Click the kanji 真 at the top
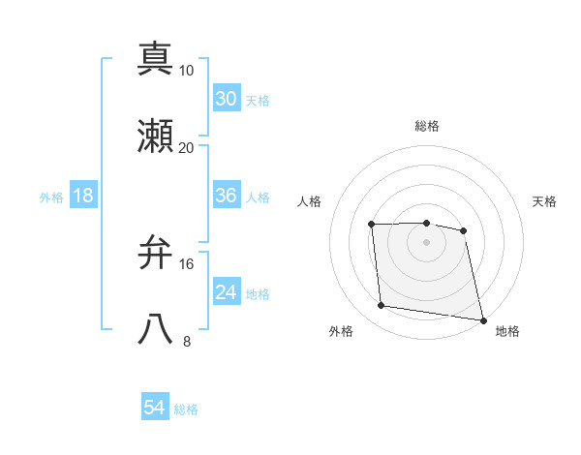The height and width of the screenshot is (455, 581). click(156, 58)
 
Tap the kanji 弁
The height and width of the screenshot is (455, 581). click(156, 253)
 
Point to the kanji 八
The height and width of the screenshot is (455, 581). click(156, 330)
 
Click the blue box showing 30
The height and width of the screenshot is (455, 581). click(227, 98)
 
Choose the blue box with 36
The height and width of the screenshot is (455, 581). click(227, 196)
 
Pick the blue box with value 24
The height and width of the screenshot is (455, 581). click(227, 292)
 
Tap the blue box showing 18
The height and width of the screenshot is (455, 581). click(83, 196)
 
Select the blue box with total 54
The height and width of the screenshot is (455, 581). click(155, 408)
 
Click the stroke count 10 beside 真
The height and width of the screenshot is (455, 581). click(187, 71)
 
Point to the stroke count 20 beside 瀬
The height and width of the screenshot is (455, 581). click(187, 148)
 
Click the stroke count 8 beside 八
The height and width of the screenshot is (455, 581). click(187, 342)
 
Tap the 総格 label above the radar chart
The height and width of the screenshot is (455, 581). click(427, 126)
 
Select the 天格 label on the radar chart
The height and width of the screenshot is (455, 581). click(545, 201)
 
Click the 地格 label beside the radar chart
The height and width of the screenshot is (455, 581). click(507, 331)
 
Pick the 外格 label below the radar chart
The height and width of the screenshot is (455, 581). click(341, 331)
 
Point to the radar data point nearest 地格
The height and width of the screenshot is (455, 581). click(482, 319)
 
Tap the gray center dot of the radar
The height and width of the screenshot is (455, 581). click(427, 242)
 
